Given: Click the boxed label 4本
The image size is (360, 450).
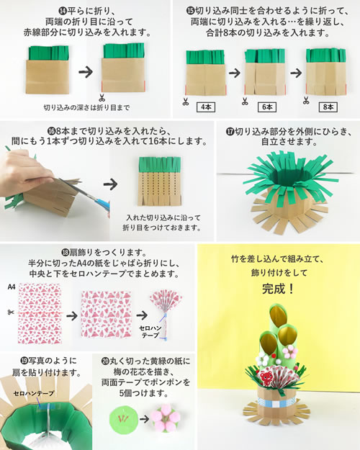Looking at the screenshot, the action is [206, 107].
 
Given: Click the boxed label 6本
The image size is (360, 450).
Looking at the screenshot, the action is [267, 107].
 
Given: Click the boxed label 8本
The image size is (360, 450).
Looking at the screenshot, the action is [328, 107].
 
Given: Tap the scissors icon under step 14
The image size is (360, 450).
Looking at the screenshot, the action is [102, 98].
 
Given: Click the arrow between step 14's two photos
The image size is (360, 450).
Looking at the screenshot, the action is [86, 71].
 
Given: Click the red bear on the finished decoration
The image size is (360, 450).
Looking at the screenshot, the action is [266, 377].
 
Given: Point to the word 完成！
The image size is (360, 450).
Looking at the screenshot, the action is [278, 289].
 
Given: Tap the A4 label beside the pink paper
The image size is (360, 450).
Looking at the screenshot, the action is [12, 287].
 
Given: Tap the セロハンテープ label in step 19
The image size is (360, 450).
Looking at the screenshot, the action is [34, 393].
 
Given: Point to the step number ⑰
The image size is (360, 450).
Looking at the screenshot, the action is [230, 132].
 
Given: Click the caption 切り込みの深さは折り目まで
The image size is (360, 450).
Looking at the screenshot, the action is [86, 107].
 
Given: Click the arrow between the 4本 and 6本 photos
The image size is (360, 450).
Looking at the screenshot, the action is [235, 73].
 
